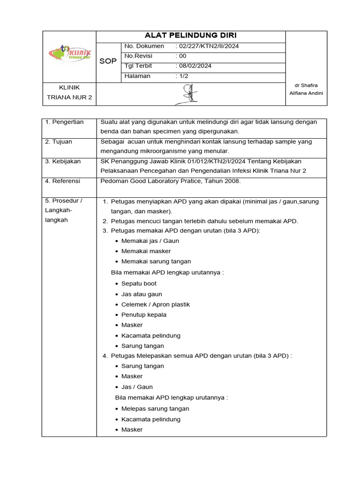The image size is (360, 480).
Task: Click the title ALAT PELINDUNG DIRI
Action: click(191, 36)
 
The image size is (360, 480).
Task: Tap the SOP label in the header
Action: click(108, 61)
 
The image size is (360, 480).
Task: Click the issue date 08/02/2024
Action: click(194, 66)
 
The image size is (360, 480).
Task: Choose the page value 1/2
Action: click(182, 75)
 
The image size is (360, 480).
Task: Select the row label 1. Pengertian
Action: click(65, 122)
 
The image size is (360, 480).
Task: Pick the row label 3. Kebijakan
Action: click(63, 161)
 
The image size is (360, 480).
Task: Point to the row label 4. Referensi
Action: click(63, 181)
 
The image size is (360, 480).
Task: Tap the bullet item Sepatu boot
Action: click(139, 284)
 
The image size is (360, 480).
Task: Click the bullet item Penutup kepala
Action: click(143, 315)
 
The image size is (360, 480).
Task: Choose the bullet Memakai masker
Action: click(146, 251)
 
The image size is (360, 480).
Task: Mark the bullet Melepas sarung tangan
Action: click(155, 409)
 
